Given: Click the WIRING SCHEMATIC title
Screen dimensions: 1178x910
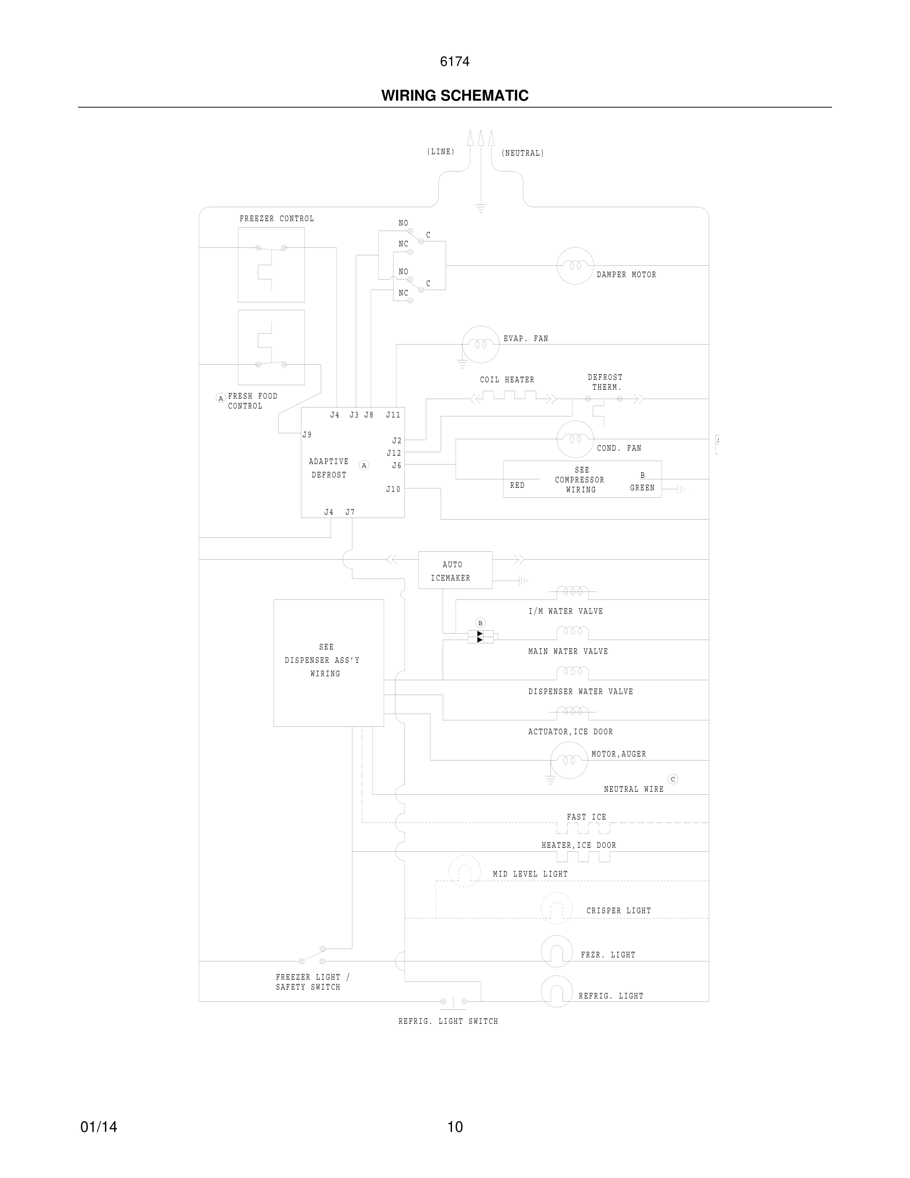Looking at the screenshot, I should (x=455, y=96).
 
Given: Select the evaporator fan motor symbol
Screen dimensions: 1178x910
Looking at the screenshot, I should (x=480, y=344).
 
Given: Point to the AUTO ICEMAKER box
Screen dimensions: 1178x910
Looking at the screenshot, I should (x=455, y=570).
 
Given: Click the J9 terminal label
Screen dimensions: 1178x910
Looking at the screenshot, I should (x=307, y=435).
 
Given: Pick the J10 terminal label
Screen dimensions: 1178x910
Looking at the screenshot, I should (x=393, y=489).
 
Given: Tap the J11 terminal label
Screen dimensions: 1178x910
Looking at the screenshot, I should (x=393, y=415).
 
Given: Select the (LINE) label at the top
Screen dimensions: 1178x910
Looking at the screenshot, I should (x=441, y=152).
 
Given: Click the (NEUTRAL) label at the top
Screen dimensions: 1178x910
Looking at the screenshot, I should (x=522, y=153).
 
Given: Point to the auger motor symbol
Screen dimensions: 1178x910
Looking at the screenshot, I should (x=569, y=760).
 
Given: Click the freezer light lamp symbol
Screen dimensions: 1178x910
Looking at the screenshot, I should (x=556, y=951).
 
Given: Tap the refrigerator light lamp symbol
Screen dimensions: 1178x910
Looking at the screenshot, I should (x=556, y=992).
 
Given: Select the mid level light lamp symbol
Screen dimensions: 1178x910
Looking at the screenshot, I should (x=464, y=871).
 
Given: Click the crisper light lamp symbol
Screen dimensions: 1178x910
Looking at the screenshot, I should (x=556, y=908).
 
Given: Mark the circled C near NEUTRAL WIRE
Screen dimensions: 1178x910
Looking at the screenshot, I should (x=672, y=779).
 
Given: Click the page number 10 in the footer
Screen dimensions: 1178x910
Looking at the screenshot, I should (x=455, y=1127).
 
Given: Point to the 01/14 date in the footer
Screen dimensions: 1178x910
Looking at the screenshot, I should (x=99, y=1127).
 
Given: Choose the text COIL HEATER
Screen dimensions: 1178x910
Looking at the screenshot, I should (x=507, y=380).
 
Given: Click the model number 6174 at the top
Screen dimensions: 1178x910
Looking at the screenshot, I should (x=455, y=61).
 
